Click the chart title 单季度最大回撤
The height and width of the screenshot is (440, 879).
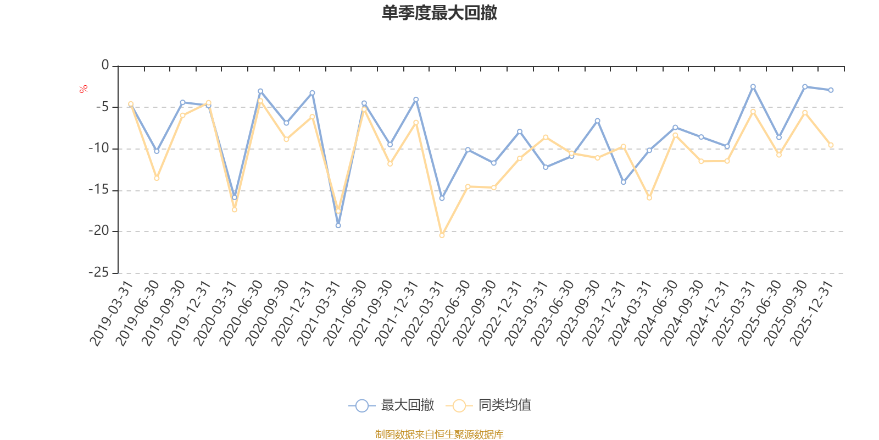439,13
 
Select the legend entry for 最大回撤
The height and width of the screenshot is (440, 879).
391,405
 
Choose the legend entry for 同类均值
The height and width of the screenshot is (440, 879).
488,405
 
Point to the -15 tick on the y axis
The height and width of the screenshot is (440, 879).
99,190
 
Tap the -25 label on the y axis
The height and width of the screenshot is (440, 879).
99,273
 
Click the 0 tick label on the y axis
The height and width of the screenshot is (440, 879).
105,65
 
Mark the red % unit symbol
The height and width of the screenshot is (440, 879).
83,89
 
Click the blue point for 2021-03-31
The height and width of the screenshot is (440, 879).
338,226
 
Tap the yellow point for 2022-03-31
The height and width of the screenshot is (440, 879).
442,235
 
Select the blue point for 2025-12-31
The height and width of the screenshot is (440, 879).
831,90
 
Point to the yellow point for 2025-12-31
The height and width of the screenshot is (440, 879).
831,145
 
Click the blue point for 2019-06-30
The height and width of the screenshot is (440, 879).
157,151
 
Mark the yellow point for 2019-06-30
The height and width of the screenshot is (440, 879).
157,178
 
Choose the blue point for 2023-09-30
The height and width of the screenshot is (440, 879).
597,120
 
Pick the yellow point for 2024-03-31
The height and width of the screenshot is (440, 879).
649,198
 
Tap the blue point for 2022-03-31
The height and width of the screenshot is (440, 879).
442,198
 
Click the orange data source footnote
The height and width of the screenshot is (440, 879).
439,435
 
